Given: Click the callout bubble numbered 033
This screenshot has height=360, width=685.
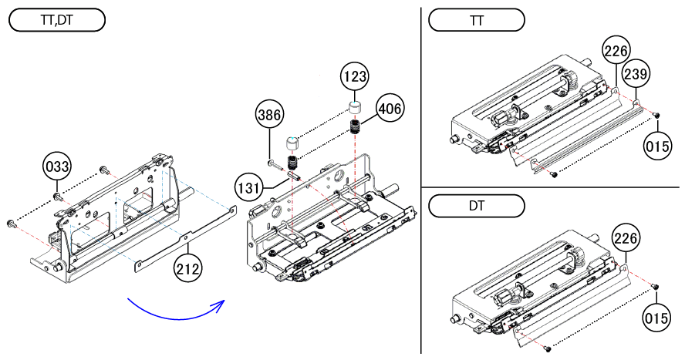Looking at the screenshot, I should coord(57,168).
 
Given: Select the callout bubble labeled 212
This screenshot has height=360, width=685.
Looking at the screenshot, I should coord(188,269).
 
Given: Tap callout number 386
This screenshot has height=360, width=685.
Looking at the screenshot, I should coord(268,116).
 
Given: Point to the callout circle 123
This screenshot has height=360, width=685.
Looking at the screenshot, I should coord(356,78).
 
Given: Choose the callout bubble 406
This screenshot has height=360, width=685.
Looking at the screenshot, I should coord(390,109).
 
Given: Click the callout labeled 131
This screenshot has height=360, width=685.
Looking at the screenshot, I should coord(248,187).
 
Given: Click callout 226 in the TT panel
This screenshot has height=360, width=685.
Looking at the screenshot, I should coord(616,51).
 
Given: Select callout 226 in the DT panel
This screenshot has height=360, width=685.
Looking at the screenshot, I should coord(626,239).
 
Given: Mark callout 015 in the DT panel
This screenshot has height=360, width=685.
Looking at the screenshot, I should coord(657,315).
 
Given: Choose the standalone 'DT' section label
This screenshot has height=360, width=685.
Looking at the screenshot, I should coord(476,207).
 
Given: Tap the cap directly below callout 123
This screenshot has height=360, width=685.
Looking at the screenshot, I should coord(355,107).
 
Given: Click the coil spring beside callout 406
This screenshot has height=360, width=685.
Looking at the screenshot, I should coord(356,126).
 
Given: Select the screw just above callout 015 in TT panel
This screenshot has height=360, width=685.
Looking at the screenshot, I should coord(656,116).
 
